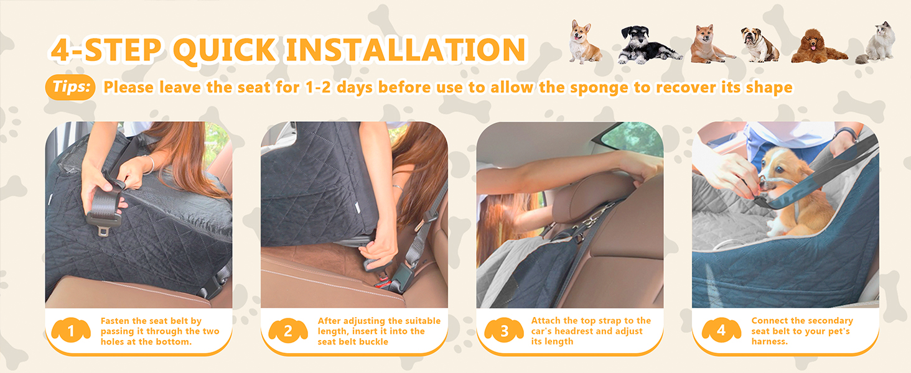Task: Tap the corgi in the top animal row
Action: click(585, 44)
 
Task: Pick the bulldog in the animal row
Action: click(760, 45)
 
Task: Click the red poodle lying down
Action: click(818, 47)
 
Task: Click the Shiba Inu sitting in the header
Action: click(709, 45)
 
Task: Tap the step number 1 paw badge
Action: click(70, 331)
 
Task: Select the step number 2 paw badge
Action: click(287, 331)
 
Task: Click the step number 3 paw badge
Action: click(503, 331)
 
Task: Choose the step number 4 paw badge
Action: click(721, 331)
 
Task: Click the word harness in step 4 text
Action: click(769, 342)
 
